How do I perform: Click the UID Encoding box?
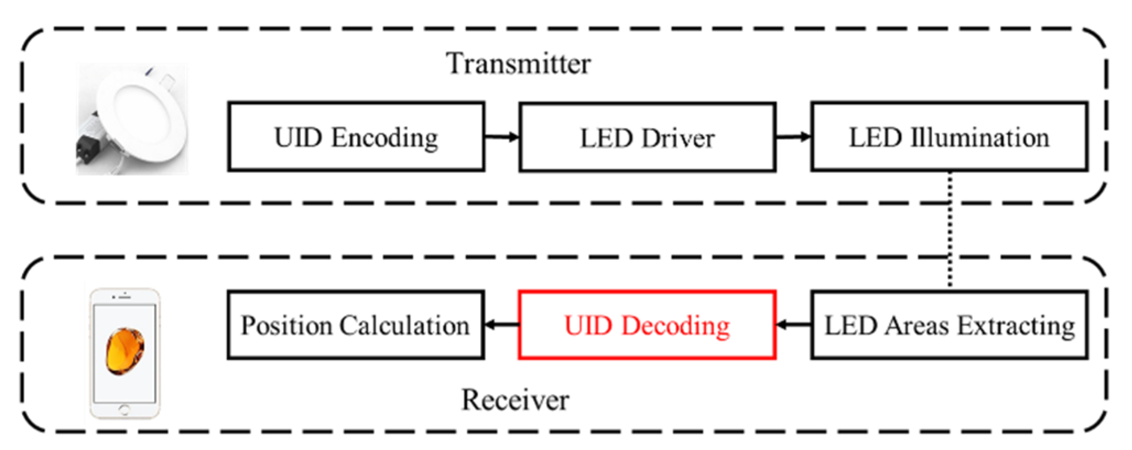(x=356, y=137)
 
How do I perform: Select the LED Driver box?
(x=647, y=138)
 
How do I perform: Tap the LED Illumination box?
(x=949, y=137)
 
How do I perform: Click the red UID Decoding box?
(x=647, y=325)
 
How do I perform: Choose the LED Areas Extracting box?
(x=949, y=325)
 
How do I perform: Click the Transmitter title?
(x=518, y=63)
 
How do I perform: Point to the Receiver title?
(x=515, y=399)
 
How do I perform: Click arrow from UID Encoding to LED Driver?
(x=502, y=137)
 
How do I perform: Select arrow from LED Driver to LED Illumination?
(x=793, y=137)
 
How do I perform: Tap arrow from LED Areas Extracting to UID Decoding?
(x=793, y=325)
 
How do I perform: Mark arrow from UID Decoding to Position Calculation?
(x=502, y=325)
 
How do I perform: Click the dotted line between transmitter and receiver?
(x=950, y=229)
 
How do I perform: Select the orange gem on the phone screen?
(x=125, y=350)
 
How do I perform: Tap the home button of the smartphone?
(x=124, y=409)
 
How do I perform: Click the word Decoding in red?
(x=676, y=326)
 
